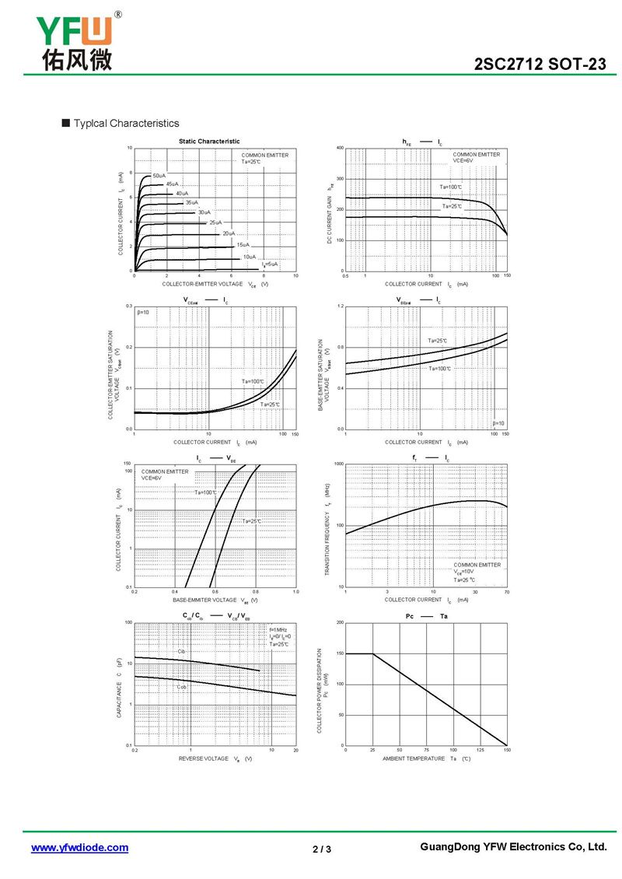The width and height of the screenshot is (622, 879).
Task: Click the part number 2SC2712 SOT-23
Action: [540, 65]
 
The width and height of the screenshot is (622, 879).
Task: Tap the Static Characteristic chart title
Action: [209, 141]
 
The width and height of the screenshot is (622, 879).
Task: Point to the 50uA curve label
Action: [159, 176]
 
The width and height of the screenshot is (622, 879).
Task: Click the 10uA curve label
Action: [249, 257]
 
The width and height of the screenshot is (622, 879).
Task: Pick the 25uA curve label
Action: [215, 222]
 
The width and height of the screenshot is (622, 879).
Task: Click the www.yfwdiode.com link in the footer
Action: [79, 848]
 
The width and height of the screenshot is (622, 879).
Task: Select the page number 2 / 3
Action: [322, 849]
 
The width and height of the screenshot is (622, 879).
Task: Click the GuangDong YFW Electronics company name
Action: [512, 847]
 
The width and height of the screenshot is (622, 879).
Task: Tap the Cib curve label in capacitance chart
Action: [181, 651]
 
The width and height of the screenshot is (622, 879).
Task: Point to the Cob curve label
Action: [181, 687]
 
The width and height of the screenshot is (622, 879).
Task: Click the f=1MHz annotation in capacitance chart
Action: [278, 629]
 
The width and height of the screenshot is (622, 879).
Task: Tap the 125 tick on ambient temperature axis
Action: [480, 750]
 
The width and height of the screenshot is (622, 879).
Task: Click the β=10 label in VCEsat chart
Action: [143, 312]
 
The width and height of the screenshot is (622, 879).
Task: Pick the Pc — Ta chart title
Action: [426, 616]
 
